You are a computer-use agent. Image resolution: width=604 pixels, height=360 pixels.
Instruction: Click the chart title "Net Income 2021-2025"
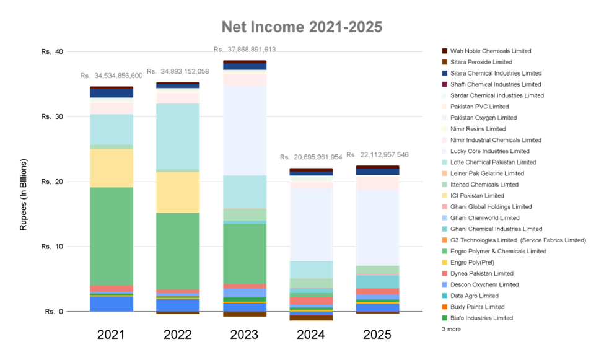302,27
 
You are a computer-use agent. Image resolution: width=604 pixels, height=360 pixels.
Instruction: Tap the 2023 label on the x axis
244,335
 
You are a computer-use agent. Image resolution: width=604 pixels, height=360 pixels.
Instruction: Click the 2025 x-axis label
377,335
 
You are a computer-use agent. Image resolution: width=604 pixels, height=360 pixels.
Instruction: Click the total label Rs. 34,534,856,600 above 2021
112,76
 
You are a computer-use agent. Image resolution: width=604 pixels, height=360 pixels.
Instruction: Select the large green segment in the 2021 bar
112,236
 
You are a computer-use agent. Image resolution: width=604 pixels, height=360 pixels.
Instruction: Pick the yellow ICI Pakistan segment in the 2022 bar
178,192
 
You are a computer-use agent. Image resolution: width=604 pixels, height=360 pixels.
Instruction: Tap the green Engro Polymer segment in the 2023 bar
244,253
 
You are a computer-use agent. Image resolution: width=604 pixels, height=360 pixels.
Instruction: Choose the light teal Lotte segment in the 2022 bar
178,136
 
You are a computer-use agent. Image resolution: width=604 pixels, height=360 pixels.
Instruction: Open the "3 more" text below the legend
450,329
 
